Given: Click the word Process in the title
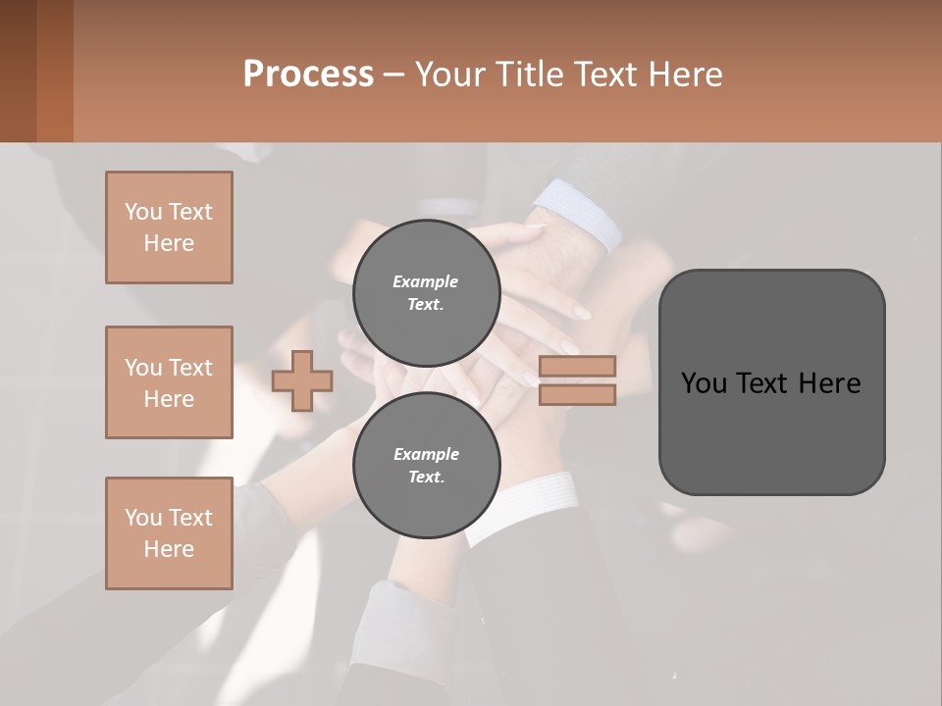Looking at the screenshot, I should (308, 75).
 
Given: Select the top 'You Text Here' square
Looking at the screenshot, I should (169, 227).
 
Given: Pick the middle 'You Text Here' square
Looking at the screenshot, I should (169, 382).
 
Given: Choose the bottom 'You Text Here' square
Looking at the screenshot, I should (169, 533).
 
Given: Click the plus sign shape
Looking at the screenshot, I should (302, 381).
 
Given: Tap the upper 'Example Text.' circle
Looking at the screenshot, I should (426, 292).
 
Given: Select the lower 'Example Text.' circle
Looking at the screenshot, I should (426, 465).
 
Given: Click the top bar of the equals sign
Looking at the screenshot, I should (577, 367).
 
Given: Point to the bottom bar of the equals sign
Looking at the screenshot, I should (577, 394).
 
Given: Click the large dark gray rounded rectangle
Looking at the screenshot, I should (771, 431).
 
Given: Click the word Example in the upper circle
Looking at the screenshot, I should (426, 281).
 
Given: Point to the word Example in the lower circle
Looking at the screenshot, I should (426, 454).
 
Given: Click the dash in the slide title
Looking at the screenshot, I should (393, 75).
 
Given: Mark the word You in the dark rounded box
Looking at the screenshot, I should (704, 383).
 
